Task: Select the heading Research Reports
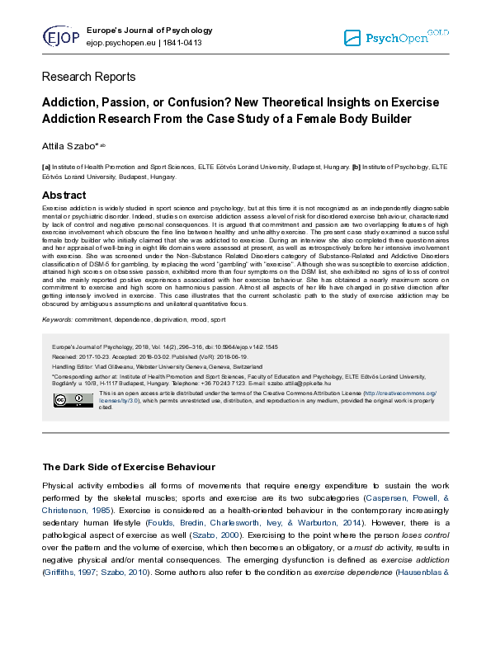coord(88,77)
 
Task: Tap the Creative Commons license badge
coord(62,399)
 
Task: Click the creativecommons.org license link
coord(403,393)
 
